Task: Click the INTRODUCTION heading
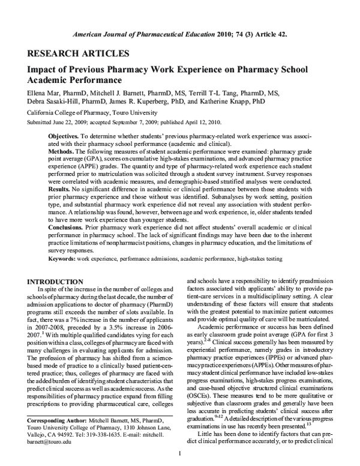pyautogui.click(x=57, y=281)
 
